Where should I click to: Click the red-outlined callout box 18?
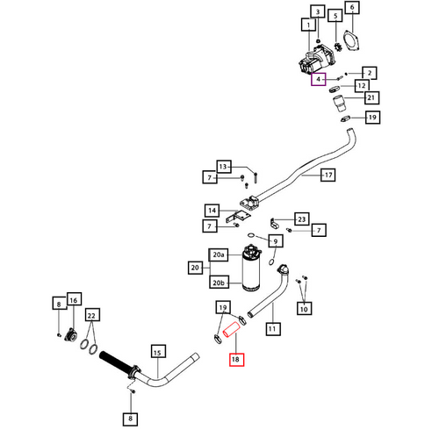pyautogui.click(x=236, y=359)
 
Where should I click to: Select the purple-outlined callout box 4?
pyautogui.click(x=319, y=79)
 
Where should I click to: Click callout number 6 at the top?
pyautogui.click(x=352, y=8)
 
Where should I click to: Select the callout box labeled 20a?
pyautogui.click(x=219, y=254)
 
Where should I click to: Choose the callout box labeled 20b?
pyautogui.click(x=219, y=283)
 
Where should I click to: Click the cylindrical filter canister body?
pyautogui.click(x=251, y=269)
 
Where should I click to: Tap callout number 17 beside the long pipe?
pyautogui.click(x=327, y=175)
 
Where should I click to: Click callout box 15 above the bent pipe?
pyautogui.click(x=158, y=353)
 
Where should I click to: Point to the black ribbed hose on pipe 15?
pyautogui.click(x=115, y=362)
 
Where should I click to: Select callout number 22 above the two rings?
pyautogui.click(x=92, y=316)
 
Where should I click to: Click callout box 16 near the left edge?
pyautogui.click(x=74, y=300)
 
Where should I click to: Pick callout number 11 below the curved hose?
pyautogui.click(x=273, y=328)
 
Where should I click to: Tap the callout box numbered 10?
pyautogui.click(x=304, y=309)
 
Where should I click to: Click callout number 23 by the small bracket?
pyautogui.click(x=301, y=219)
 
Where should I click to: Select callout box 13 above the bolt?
pyautogui.click(x=224, y=167)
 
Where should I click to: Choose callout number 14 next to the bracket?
pyautogui.click(x=212, y=211)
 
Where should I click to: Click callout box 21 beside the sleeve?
pyautogui.click(x=371, y=97)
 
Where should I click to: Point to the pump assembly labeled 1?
pyautogui.click(x=316, y=60)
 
